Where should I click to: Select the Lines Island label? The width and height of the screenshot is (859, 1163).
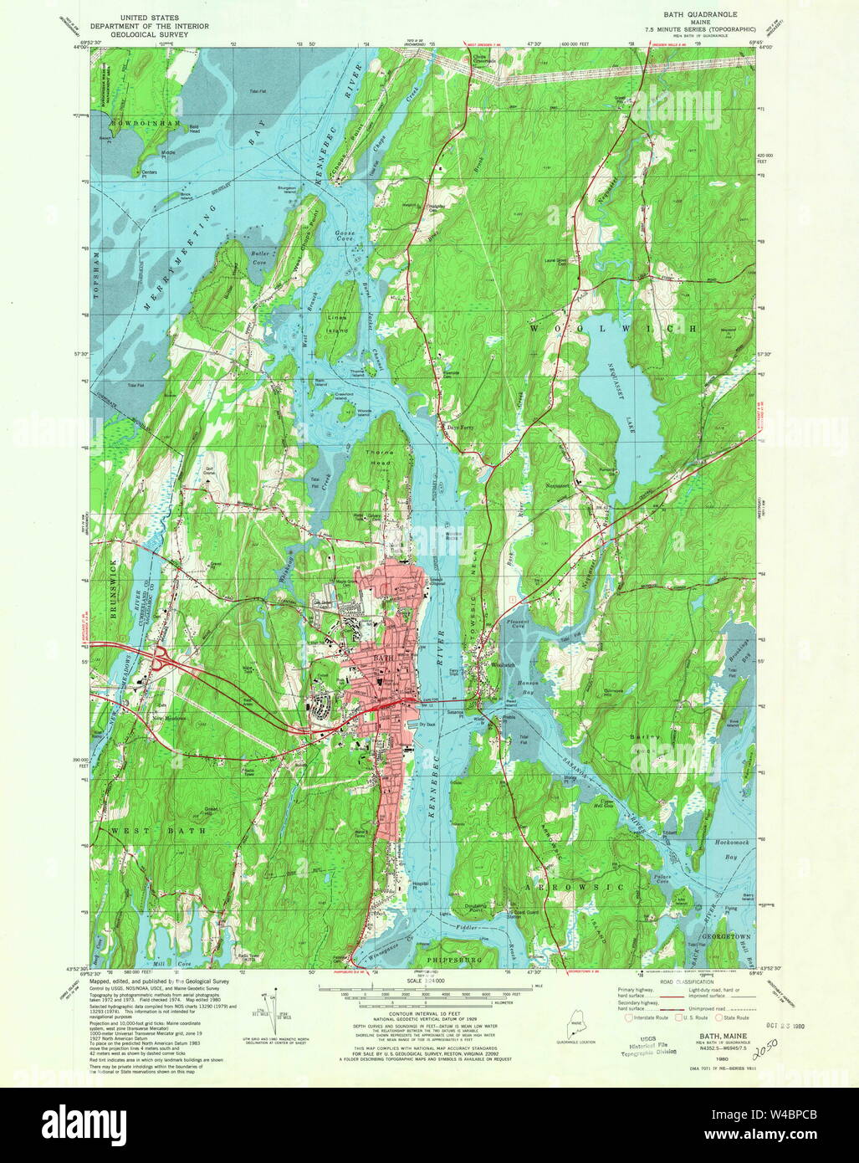(x=336, y=324)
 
